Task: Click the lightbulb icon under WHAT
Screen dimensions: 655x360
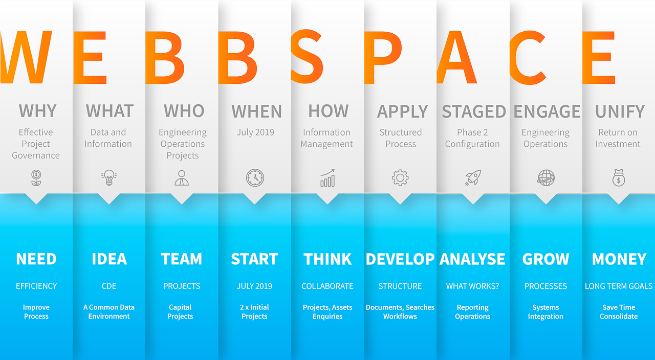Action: (109, 177)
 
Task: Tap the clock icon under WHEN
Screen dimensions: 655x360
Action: (255, 177)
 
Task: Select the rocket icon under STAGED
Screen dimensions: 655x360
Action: (473, 177)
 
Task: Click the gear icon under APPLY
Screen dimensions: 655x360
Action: (400, 177)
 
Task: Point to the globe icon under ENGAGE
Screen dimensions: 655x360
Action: (545, 177)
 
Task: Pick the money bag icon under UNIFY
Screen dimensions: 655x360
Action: (619, 177)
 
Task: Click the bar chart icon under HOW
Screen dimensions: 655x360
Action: (328, 177)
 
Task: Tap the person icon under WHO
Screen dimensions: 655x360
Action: (182, 177)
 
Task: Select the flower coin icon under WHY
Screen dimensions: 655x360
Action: (36, 177)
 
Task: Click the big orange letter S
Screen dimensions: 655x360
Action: (307, 56)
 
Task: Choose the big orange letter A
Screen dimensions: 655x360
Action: (457, 57)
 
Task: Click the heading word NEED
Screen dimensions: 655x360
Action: (36, 259)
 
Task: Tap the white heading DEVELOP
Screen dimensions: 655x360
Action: (400, 259)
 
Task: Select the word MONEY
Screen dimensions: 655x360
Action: (619, 259)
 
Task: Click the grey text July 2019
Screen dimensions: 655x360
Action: (255, 132)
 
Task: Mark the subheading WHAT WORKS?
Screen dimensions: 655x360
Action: (472, 286)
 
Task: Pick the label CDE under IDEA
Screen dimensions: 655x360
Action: (109, 286)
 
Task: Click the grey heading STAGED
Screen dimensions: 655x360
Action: (474, 111)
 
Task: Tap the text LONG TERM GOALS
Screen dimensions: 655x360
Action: (619, 286)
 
